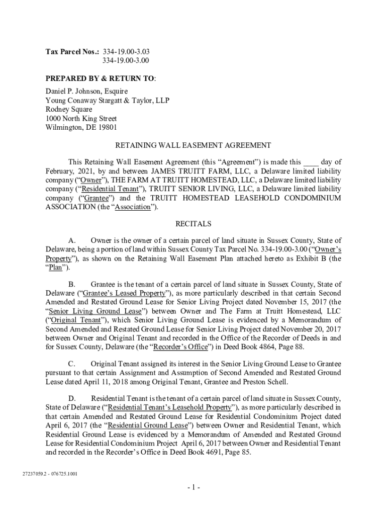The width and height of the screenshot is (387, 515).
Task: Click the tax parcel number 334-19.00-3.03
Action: (x=126, y=51)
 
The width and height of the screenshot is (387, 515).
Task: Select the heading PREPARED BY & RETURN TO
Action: (x=100, y=78)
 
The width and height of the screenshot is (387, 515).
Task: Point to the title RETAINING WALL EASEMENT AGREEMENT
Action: (x=193, y=145)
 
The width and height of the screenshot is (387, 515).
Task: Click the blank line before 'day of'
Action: (x=311, y=162)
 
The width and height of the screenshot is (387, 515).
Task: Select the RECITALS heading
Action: (x=193, y=223)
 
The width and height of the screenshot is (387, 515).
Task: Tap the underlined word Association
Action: (x=133, y=207)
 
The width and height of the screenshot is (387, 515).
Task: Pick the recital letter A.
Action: (x=71, y=240)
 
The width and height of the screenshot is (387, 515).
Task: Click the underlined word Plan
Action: (x=55, y=268)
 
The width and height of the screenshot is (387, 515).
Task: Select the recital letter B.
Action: (x=71, y=284)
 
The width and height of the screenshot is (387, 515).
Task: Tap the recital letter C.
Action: (x=71, y=364)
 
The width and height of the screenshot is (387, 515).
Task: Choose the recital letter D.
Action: (x=71, y=398)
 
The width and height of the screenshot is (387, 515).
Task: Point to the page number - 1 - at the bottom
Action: (x=193, y=488)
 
